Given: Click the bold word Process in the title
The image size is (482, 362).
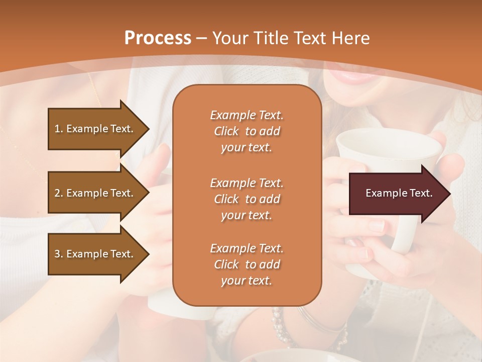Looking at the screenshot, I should (x=158, y=38).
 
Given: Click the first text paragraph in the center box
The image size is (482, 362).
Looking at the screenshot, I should (x=247, y=131).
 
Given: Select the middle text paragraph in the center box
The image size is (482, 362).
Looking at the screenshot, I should (x=247, y=199).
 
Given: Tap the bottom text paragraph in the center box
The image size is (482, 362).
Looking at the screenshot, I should (x=247, y=264).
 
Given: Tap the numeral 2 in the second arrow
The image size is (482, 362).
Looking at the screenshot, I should (x=57, y=193).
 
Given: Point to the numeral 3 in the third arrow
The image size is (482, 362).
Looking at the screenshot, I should (x=57, y=254).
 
